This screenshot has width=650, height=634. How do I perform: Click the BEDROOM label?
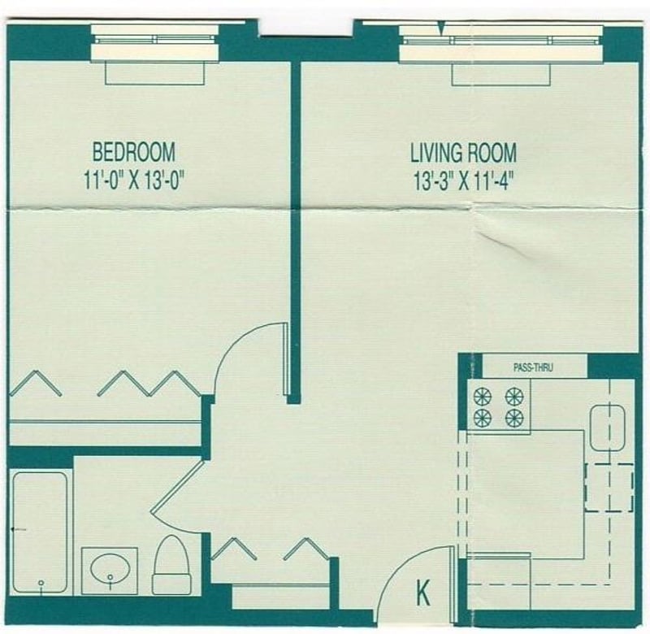tap(133, 152)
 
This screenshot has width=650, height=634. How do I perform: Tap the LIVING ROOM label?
tap(463, 153)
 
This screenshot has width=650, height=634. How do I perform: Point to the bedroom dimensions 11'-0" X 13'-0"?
tap(133, 180)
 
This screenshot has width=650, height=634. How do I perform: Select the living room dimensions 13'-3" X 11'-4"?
tap(463, 180)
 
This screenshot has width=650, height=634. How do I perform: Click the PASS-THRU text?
tap(533, 367)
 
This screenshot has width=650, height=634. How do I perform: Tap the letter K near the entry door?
tap(422, 593)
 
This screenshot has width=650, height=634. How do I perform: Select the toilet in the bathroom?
tap(171, 565)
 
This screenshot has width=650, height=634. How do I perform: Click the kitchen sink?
tap(608, 428)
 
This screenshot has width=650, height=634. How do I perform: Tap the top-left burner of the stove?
tap(483, 397)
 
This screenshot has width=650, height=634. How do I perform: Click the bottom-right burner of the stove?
tap(514, 419)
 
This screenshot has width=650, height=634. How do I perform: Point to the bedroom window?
tap(155, 42)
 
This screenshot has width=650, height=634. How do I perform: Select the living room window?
tap(501, 43)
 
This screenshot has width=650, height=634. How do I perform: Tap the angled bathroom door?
tap(178, 487)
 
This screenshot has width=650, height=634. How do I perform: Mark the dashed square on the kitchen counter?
tap(609, 488)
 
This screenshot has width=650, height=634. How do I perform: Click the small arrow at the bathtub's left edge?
tap(18, 529)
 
